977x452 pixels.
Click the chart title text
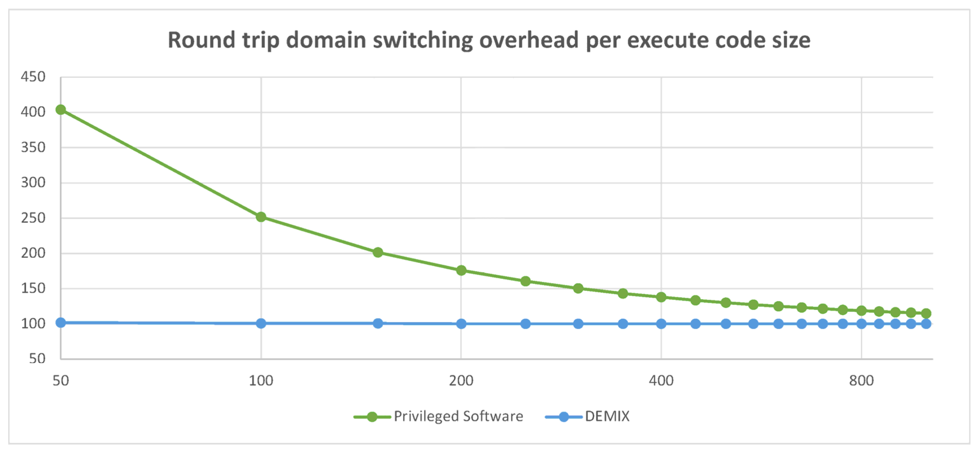point(489,40)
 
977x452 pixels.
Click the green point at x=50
point(61,110)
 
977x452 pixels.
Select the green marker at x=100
point(261,217)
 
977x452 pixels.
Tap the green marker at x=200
point(461,270)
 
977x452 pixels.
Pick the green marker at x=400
point(661,297)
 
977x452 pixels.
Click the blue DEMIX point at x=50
point(61,323)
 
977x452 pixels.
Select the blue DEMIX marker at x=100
point(261,323)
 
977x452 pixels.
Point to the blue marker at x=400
point(661,324)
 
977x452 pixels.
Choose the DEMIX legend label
point(607,416)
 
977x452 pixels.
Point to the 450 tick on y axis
point(33,77)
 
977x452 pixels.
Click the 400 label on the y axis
point(33,112)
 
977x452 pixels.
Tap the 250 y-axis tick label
point(33,218)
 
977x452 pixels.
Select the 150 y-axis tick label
point(33,289)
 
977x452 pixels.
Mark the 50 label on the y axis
point(37,359)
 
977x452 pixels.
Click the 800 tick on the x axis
point(861,380)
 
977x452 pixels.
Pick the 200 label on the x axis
point(461,380)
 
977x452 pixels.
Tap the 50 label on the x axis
point(61,380)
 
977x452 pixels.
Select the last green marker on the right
point(926,313)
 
